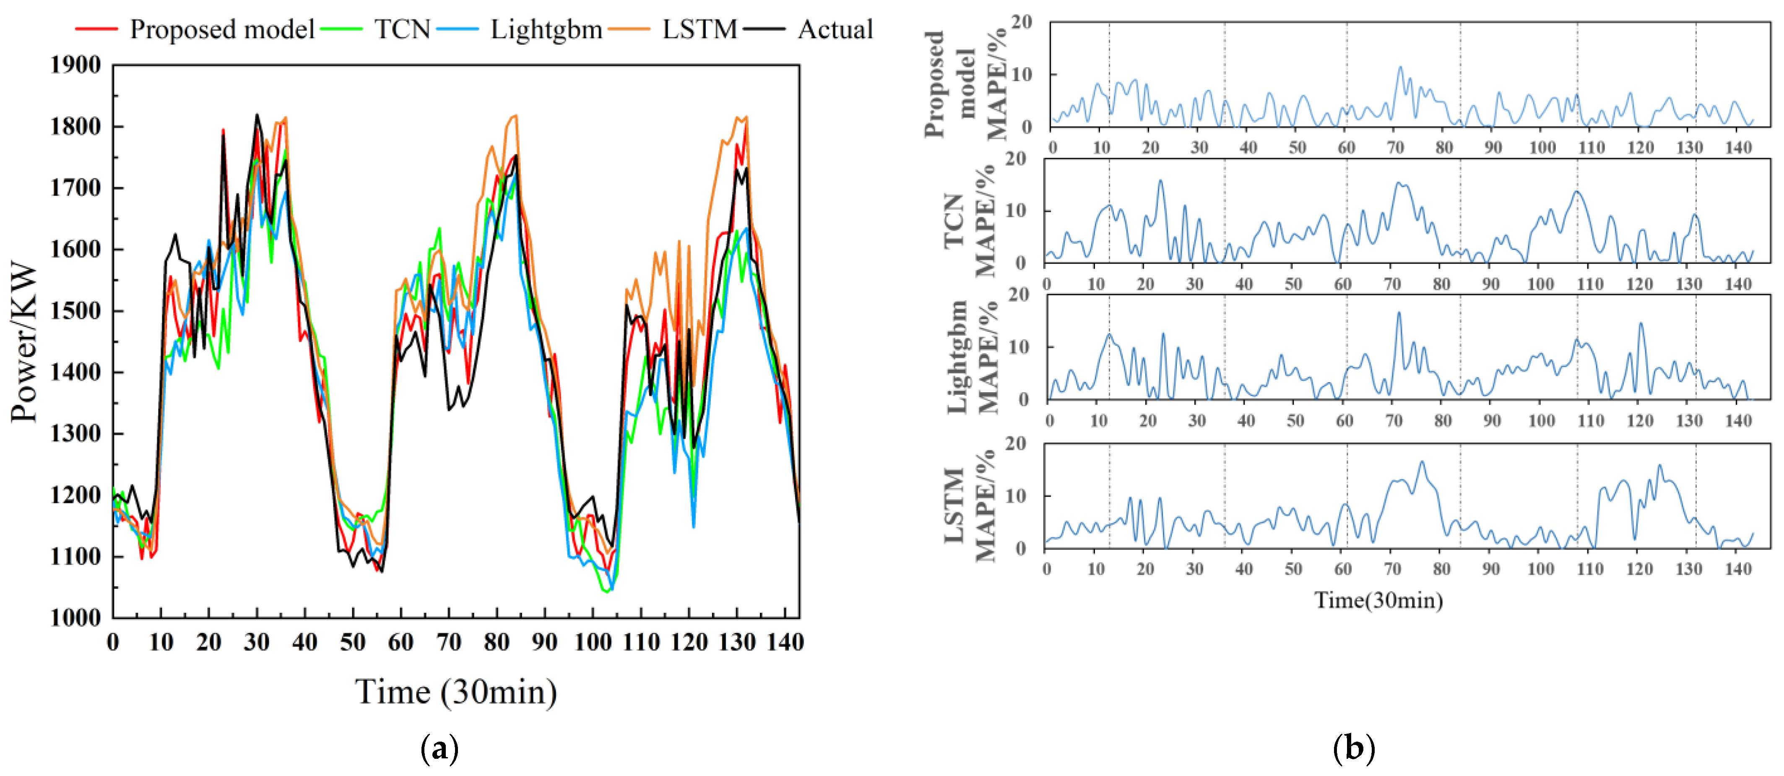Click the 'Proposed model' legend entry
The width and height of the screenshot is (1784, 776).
tap(221, 30)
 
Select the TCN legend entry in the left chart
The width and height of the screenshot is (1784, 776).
tap(402, 30)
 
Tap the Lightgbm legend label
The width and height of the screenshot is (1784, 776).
tap(546, 30)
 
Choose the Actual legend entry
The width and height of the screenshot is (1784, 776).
tap(835, 30)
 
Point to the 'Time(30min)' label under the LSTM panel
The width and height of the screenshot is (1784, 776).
tap(1378, 600)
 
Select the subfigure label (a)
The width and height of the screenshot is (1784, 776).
tap(439, 749)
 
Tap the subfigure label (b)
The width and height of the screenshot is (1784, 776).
tap(1353, 749)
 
